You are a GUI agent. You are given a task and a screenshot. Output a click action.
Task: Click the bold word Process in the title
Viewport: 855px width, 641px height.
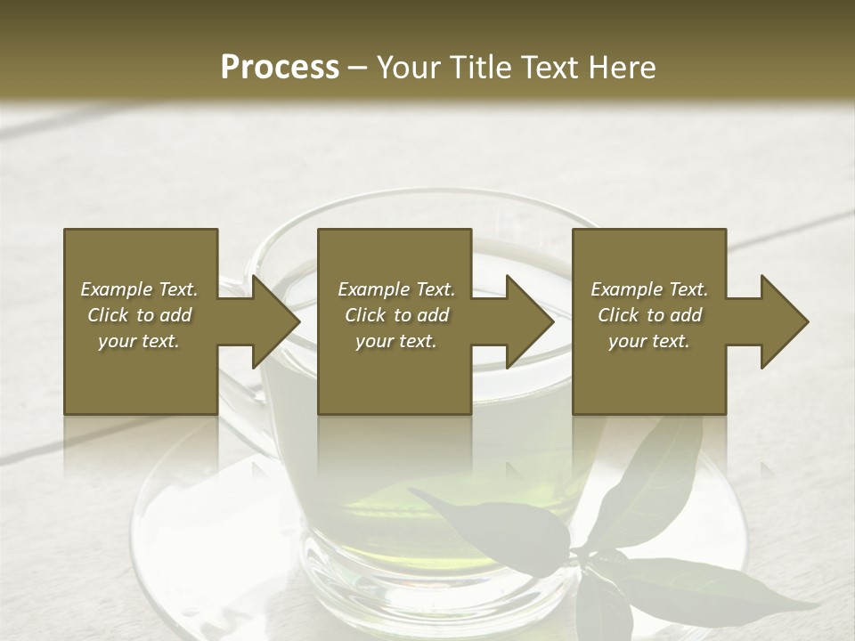coord(280,67)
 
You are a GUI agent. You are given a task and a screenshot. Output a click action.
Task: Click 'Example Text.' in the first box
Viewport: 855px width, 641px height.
coord(139,289)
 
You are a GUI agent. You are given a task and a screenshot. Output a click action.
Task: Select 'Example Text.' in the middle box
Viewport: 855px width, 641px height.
coord(396,289)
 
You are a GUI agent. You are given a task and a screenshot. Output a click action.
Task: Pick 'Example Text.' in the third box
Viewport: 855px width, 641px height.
coord(649,289)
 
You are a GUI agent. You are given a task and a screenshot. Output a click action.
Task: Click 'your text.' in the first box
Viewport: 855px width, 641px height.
coord(139,341)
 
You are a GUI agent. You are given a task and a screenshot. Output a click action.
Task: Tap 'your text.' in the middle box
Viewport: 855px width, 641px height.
coord(396,341)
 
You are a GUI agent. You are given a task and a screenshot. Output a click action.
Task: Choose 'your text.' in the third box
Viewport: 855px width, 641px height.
coord(649,341)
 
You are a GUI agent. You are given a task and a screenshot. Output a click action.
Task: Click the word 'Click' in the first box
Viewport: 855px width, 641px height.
coord(108,315)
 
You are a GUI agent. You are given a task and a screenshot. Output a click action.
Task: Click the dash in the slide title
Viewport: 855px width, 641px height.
coord(358,68)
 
